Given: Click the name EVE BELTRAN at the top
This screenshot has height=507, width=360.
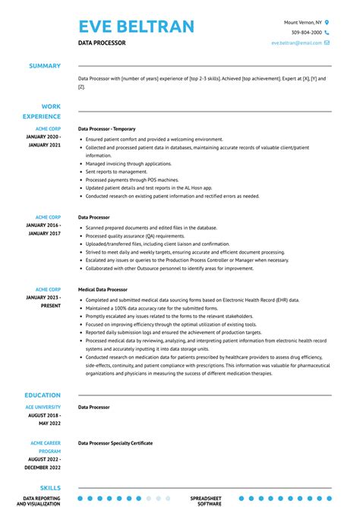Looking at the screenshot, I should (x=136, y=27).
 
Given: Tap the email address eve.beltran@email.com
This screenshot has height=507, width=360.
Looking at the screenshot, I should (x=296, y=43).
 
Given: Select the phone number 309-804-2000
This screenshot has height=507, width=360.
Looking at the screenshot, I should (x=307, y=33).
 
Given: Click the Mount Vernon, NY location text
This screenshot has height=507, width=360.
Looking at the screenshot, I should (x=302, y=23).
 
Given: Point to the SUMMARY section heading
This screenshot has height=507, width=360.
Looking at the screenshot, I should (x=45, y=66).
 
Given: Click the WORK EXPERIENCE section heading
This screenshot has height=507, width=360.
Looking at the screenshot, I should (x=45, y=112).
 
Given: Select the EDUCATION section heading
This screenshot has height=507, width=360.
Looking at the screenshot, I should (x=43, y=395).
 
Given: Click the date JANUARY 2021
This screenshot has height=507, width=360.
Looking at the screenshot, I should (x=43, y=144).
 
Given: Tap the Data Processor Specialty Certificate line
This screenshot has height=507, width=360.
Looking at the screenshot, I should (x=115, y=443).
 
